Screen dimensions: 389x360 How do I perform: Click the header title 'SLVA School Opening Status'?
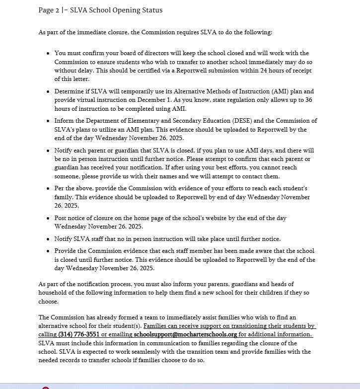tap(116, 10)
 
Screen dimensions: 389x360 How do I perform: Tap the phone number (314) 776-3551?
tap(79, 334)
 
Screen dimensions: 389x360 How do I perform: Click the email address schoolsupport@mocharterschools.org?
tap(185, 334)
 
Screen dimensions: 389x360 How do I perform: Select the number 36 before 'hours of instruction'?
tap(309, 100)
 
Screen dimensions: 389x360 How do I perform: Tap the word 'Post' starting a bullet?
tap(61, 218)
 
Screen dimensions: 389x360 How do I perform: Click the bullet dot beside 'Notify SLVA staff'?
tap(48, 239)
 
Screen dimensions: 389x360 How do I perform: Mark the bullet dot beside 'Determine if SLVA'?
tap(48, 92)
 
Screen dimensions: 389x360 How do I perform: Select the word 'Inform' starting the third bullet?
tap(65, 121)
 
